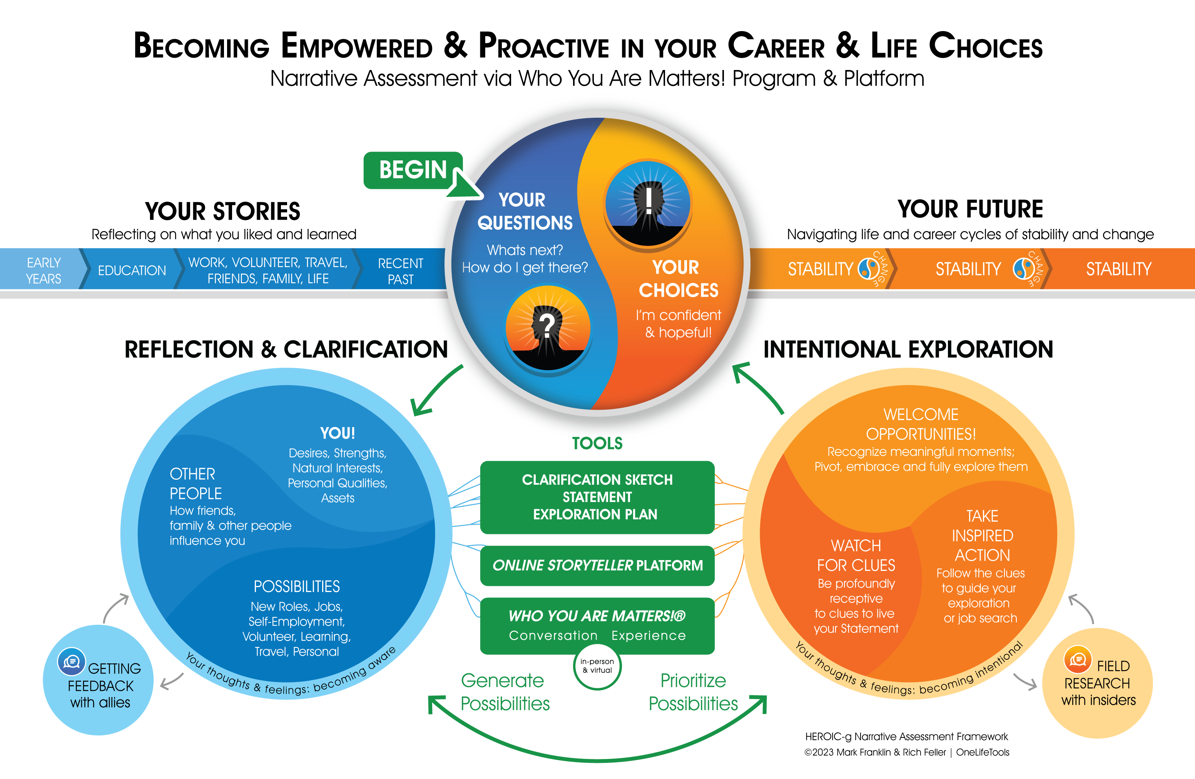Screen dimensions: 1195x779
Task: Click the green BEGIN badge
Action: [413, 170]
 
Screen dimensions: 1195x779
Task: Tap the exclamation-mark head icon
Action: [648, 203]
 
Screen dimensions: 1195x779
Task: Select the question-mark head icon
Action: [548, 328]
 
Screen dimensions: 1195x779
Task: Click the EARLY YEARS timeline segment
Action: [43, 270]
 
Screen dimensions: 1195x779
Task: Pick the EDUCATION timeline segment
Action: [132, 270]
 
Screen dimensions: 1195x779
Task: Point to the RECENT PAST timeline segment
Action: [400, 270]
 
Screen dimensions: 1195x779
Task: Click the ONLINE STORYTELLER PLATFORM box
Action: [597, 565]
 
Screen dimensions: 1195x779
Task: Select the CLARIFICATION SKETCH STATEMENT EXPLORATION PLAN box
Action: [597, 497]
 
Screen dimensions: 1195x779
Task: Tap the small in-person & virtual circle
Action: [597, 666]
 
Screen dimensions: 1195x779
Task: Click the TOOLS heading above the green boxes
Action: [597, 443]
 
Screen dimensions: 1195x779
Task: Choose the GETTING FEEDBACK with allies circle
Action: [99, 680]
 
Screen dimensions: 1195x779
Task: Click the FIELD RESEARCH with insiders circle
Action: [1098, 682]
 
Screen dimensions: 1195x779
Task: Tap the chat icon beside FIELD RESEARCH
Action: [1078, 659]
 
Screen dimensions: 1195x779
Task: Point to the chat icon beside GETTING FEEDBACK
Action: [71, 662]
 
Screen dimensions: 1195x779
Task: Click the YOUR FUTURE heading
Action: [970, 209]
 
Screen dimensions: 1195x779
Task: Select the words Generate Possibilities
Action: [505, 692]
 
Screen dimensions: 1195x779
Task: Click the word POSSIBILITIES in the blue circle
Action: [297, 586]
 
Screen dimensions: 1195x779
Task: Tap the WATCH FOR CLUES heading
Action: [856, 555]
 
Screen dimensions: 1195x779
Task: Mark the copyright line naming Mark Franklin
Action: [907, 752]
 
